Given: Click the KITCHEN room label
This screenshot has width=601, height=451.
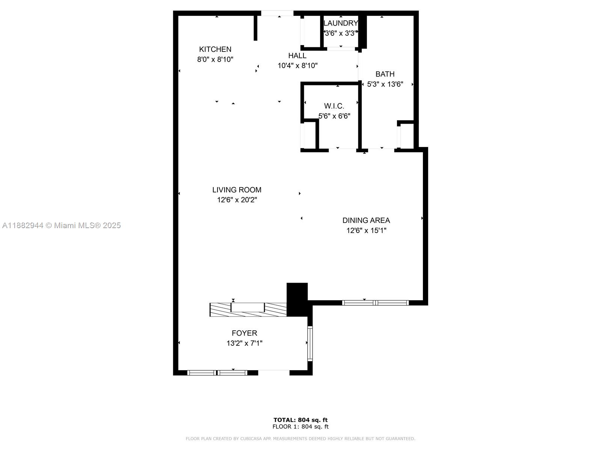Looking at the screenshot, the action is pyautogui.click(x=215, y=49).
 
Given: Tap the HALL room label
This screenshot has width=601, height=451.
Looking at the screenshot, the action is pyautogui.click(x=297, y=56).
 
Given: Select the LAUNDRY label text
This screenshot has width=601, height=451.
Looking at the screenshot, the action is pyautogui.click(x=341, y=23).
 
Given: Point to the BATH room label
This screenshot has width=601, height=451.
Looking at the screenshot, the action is pyautogui.click(x=385, y=74).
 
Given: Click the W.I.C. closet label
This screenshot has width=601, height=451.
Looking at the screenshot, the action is pyautogui.click(x=334, y=106).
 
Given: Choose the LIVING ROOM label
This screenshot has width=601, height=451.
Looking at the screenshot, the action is pyautogui.click(x=237, y=190).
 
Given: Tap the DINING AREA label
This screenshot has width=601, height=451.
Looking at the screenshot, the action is pyautogui.click(x=366, y=220).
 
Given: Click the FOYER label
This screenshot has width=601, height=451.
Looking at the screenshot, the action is pyautogui.click(x=244, y=333).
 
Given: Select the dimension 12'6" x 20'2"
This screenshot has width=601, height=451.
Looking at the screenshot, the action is pyautogui.click(x=237, y=200).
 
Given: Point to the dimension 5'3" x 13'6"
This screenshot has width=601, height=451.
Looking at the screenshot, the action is pyautogui.click(x=385, y=84).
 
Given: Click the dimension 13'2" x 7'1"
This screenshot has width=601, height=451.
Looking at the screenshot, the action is pyautogui.click(x=244, y=343).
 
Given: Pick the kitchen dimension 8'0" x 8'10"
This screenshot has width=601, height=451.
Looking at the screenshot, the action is pyautogui.click(x=215, y=59).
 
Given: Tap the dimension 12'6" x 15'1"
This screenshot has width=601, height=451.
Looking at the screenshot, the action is pyautogui.click(x=366, y=230).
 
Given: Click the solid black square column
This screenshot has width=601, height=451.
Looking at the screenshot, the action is pyautogui.click(x=297, y=299).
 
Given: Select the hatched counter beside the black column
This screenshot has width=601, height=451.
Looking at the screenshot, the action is pyautogui.click(x=248, y=309).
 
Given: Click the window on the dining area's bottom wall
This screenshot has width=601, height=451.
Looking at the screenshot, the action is pyautogui.click(x=375, y=303).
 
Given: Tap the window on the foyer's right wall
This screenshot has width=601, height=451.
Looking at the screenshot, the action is pyautogui.click(x=310, y=344).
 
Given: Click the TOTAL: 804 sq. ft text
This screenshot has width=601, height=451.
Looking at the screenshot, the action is pyautogui.click(x=300, y=420).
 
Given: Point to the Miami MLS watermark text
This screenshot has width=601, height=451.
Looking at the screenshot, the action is pyautogui.click(x=61, y=225).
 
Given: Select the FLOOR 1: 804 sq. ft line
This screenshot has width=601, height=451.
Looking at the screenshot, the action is pyautogui.click(x=300, y=426).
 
